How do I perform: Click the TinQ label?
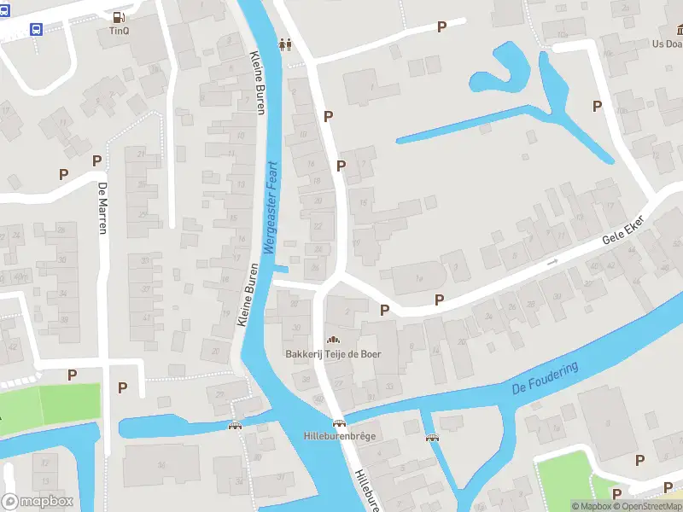[x=118, y=31]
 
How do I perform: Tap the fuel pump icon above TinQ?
[x=118, y=16]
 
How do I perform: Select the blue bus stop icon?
[x=36, y=29]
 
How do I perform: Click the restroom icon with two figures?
[x=285, y=44]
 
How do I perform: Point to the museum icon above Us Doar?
[x=664, y=30]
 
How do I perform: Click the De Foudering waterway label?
[x=545, y=377]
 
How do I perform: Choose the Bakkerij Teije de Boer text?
[x=333, y=353]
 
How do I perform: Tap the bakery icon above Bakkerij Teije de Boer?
[x=333, y=340]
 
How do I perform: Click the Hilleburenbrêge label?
[x=340, y=436]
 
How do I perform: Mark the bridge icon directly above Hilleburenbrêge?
[x=340, y=423]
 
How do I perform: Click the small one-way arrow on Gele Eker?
[x=552, y=262]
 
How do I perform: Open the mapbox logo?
[x=38, y=502]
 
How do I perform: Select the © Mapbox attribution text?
[x=591, y=506]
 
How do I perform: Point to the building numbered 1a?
[x=419, y=278]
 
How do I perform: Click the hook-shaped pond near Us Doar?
[x=500, y=72]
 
